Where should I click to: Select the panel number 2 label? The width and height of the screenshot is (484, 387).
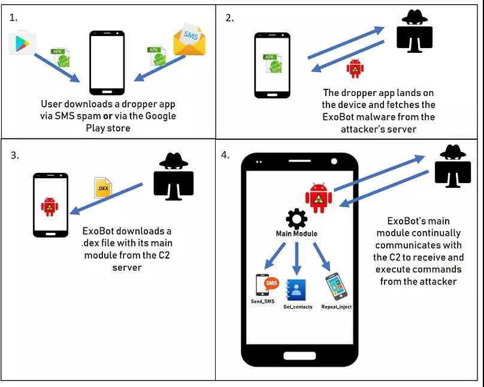tap(229, 17)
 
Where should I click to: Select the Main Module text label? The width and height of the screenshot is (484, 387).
tap(297, 233)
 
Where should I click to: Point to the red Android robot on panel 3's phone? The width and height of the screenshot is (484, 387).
tap(49, 206)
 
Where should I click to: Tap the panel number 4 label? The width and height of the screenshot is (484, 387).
tap(225, 155)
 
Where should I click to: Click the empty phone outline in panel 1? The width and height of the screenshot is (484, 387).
tap(107, 59)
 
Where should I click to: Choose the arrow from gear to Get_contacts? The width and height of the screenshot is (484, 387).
tap(296, 258)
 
